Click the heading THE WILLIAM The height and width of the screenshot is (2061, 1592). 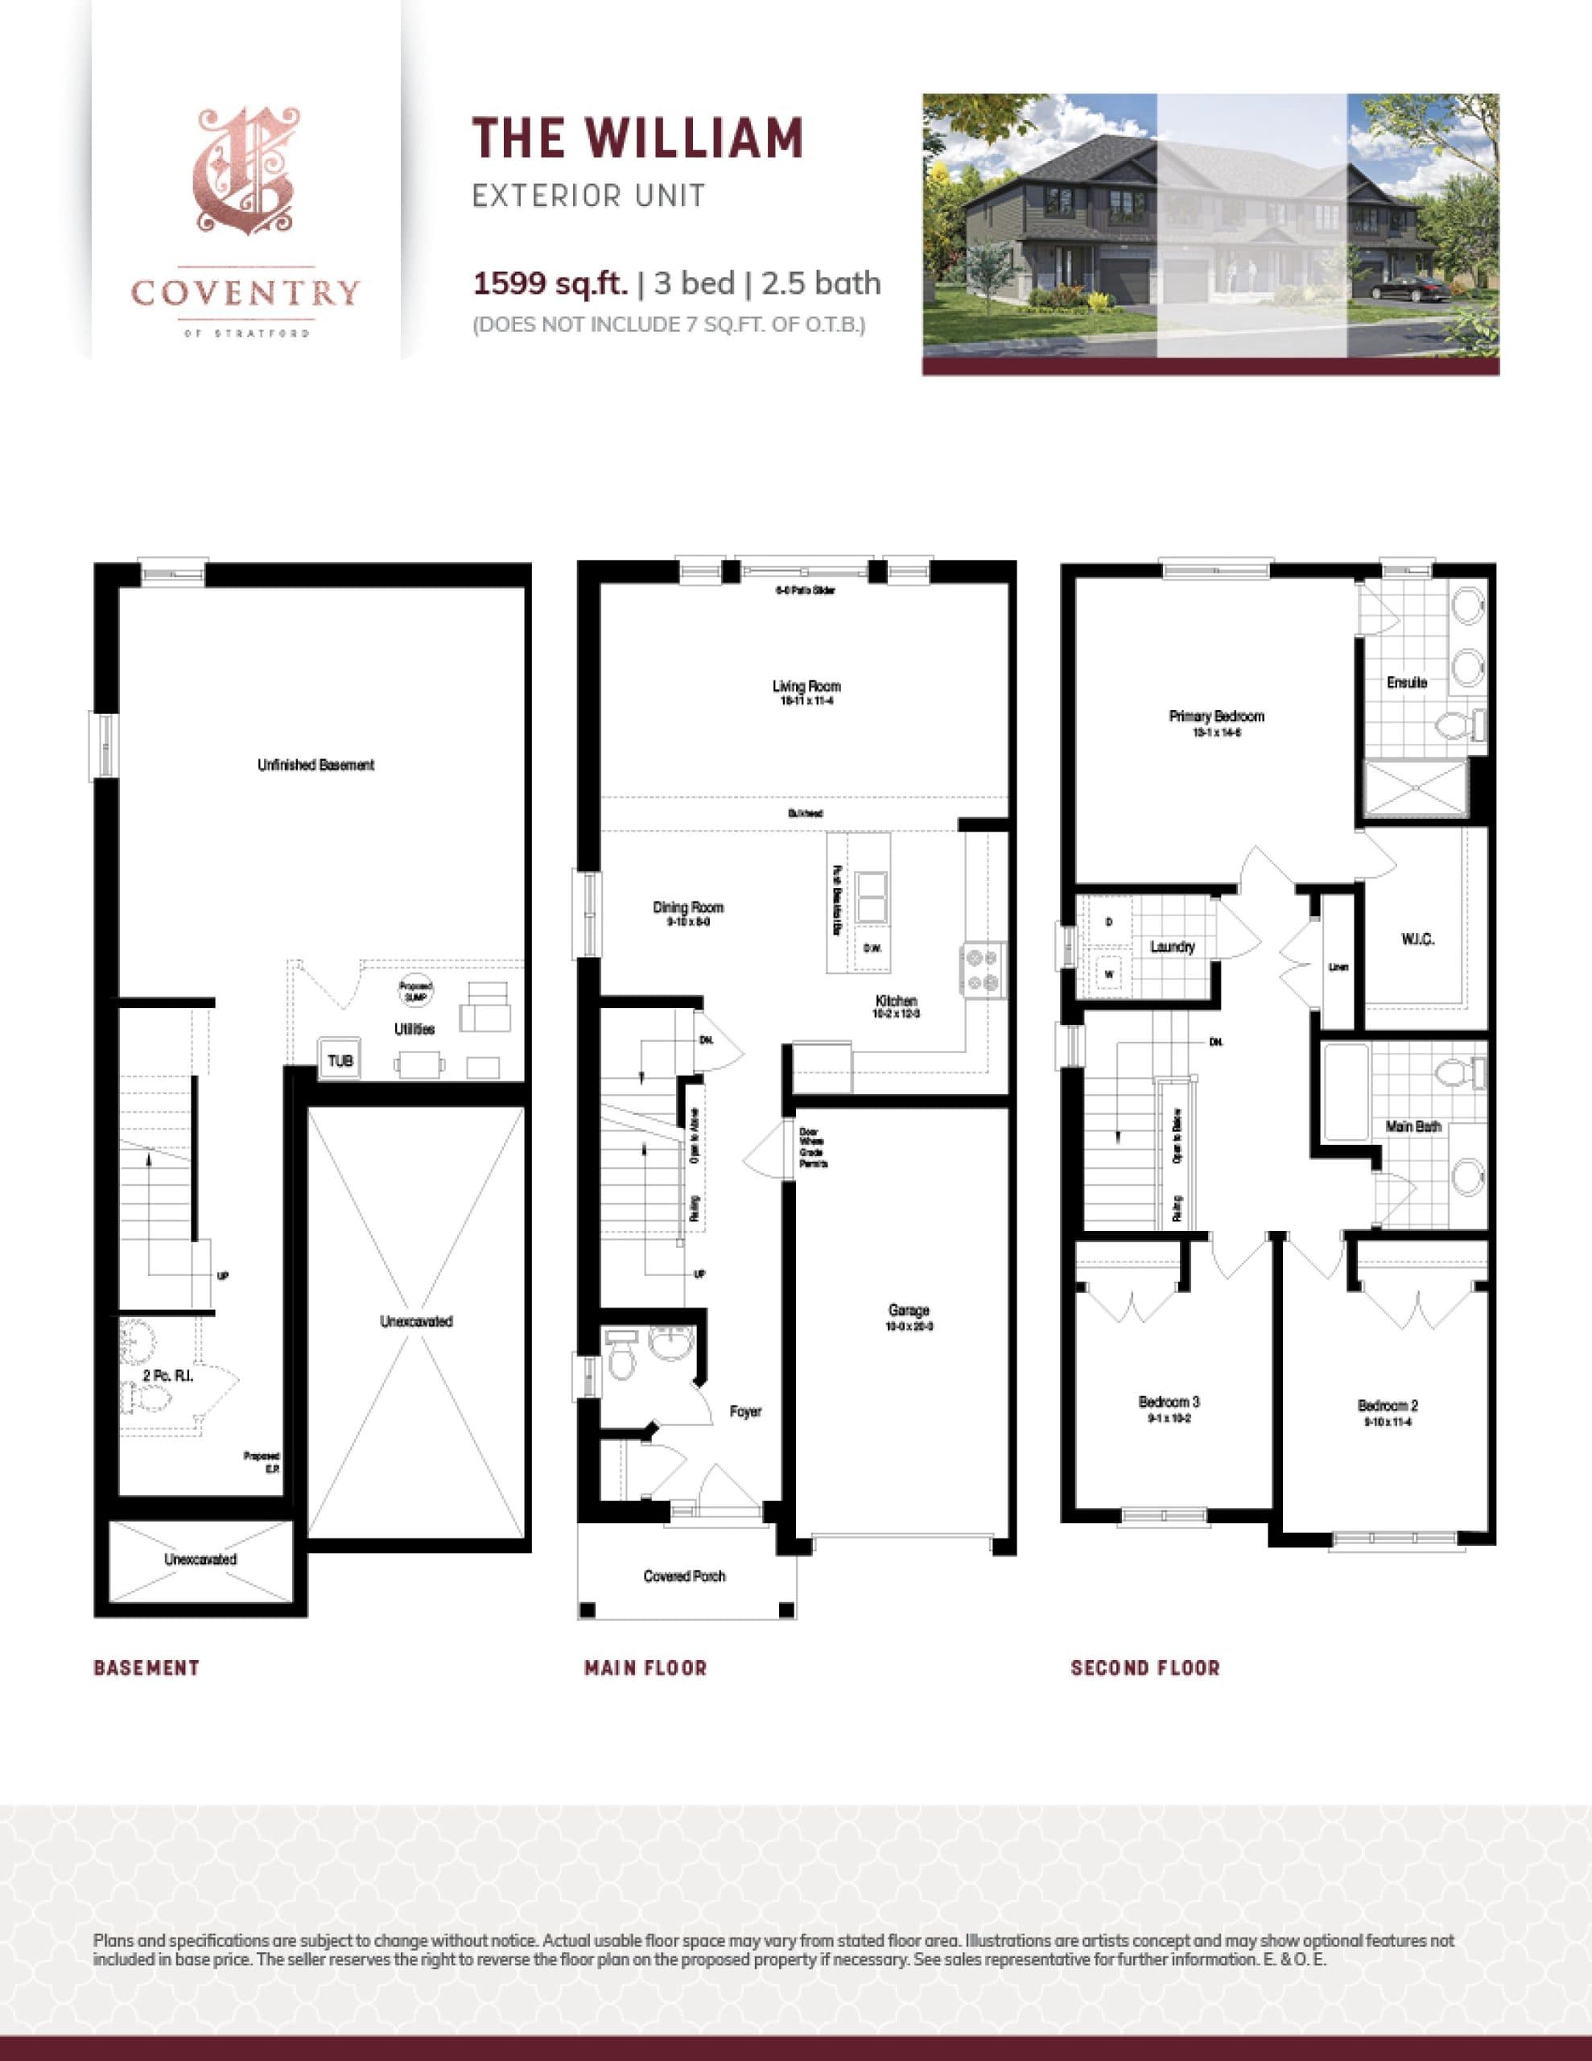pyautogui.click(x=637, y=138)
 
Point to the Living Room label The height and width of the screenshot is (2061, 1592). pyautogui.click(x=806, y=687)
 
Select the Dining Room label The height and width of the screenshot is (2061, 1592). pyautogui.click(x=688, y=908)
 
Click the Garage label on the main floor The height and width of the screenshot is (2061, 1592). pyautogui.click(x=908, y=1310)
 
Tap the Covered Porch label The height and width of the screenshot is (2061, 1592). pyautogui.click(x=684, y=1576)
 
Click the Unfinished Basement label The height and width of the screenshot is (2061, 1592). pyautogui.click(x=316, y=766)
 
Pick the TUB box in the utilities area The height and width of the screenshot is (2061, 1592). pyautogui.click(x=340, y=1061)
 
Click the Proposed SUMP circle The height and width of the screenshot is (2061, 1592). pyautogui.click(x=416, y=992)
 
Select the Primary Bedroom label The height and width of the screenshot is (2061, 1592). pyautogui.click(x=1216, y=717)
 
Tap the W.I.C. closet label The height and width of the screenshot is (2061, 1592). pyautogui.click(x=1418, y=939)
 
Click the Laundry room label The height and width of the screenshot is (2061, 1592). pyautogui.click(x=1172, y=947)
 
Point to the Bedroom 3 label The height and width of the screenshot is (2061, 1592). pyautogui.click(x=1169, y=1402)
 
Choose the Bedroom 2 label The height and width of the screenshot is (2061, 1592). pyautogui.click(x=1388, y=1406)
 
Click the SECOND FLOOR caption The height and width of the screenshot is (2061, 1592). pyautogui.click(x=1145, y=1667)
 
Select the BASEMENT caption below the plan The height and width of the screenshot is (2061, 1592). pyautogui.click(x=146, y=1667)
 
